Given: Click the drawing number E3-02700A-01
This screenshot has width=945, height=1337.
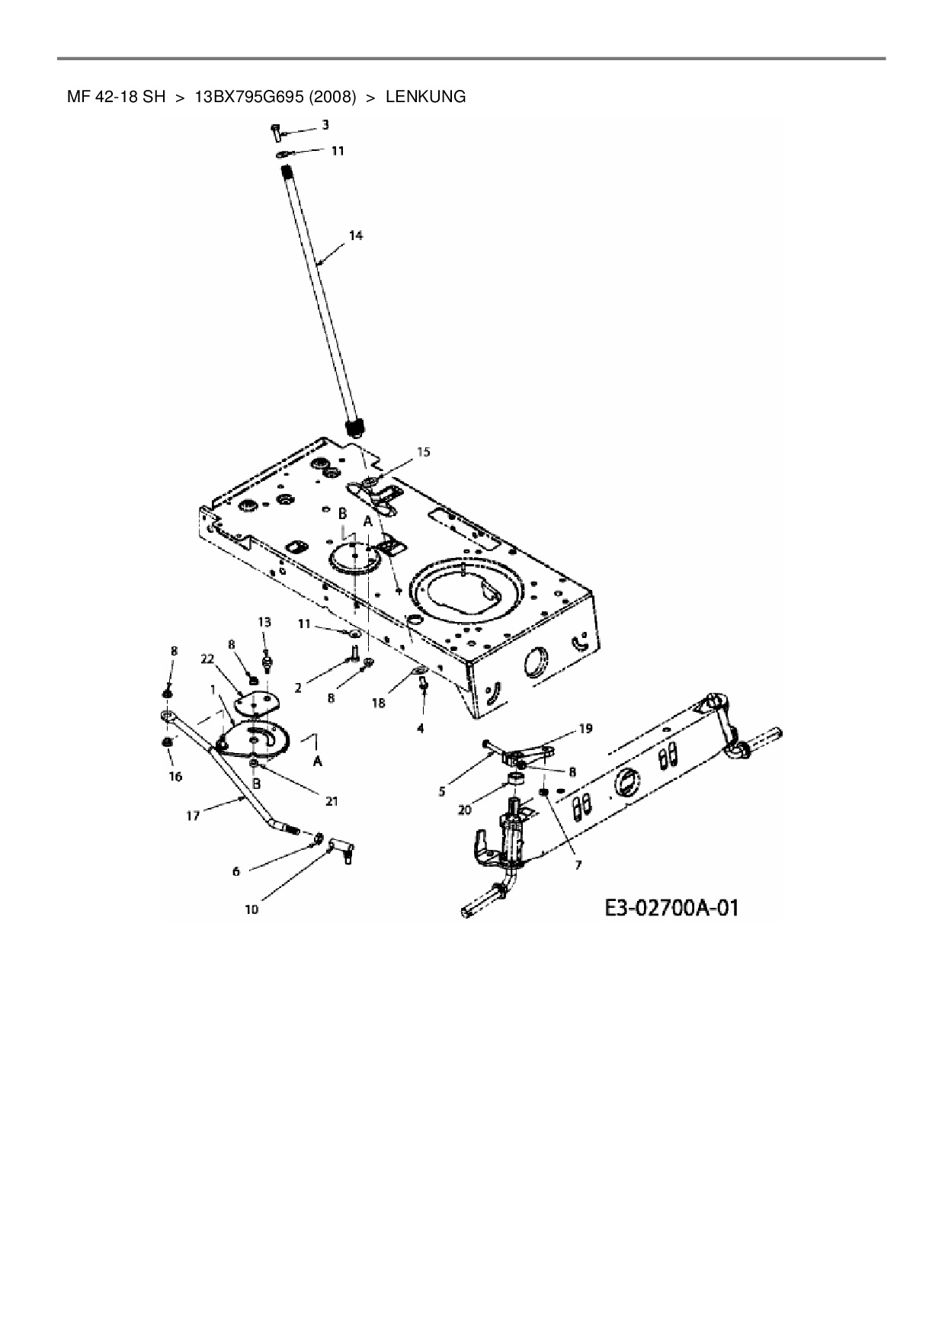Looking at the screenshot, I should click(671, 908).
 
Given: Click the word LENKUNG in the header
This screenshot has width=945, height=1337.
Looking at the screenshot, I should click(425, 97).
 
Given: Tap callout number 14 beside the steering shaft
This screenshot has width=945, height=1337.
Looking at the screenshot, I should click(356, 236).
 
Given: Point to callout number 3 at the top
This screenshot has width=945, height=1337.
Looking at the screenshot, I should click(325, 124).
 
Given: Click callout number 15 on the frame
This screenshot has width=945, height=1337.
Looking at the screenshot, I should click(423, 452).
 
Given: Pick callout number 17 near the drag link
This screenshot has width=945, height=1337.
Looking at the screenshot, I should click(193, 816).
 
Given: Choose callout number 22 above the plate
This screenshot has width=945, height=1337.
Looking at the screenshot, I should click(207, 660).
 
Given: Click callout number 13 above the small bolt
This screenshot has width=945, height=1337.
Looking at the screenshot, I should click(264, 622).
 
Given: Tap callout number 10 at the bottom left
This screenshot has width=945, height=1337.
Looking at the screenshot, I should click(251, 909).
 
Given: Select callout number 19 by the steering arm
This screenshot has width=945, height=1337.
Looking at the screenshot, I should click(585, 729).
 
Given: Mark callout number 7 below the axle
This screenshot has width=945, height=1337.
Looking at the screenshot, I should click(578, 865).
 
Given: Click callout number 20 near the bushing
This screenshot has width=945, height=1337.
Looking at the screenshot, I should click(465, 810).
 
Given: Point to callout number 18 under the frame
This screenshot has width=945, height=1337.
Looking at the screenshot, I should click(379, 704).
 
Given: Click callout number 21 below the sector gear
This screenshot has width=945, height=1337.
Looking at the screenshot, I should click(332, 801).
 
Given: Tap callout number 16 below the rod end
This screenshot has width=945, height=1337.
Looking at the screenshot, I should click(175, 776).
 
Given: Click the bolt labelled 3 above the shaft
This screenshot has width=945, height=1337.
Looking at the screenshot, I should click(275, 132).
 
